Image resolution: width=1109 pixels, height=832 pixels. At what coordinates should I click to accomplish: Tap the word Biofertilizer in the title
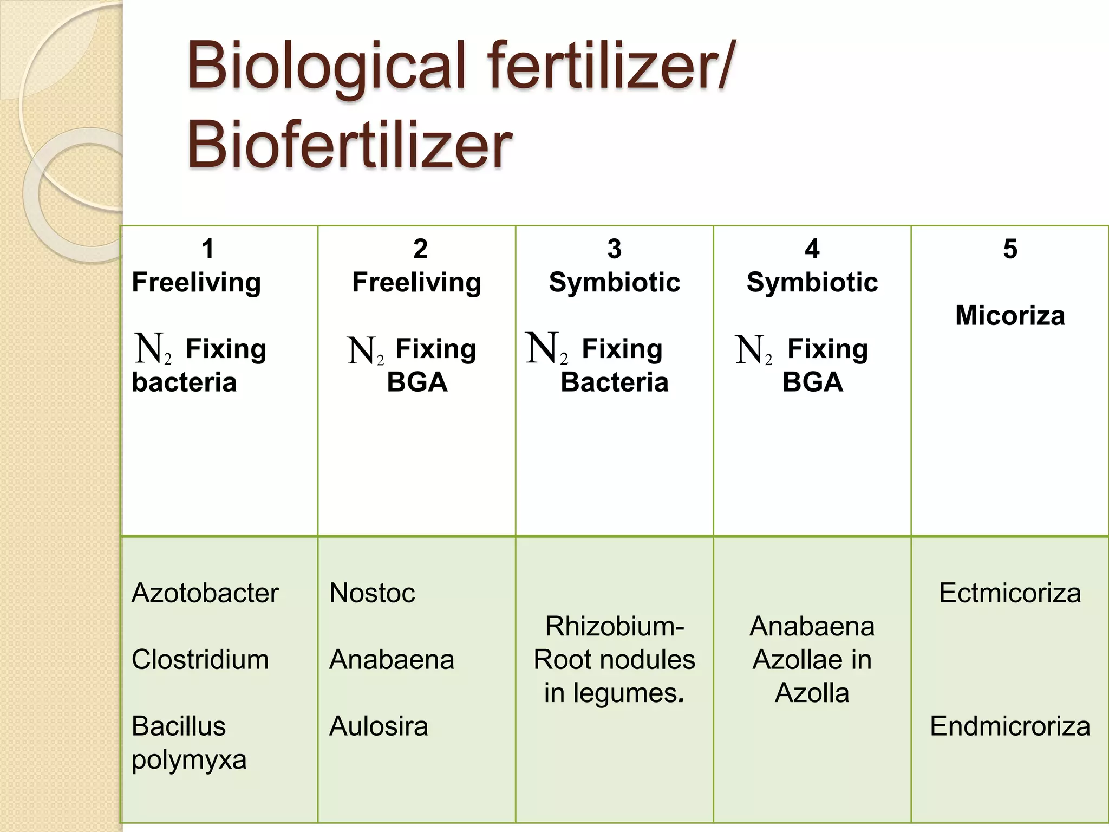pos(349,145)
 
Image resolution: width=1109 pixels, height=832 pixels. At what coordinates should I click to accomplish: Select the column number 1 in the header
pos(208,249)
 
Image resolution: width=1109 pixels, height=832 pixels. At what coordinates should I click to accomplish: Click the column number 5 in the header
pos(1010,249)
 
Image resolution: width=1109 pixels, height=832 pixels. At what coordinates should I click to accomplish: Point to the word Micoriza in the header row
pos(1010,316)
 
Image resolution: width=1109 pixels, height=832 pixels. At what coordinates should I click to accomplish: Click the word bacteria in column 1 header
pos(184,382)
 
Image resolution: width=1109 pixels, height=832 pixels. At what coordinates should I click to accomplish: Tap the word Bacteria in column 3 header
pos(614,382)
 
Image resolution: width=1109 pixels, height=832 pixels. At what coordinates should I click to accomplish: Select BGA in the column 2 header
pos(417,382)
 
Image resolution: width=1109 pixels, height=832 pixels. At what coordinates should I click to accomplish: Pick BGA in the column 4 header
pos(812,382)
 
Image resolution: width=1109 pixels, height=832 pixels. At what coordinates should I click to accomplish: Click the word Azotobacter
pos(205,593)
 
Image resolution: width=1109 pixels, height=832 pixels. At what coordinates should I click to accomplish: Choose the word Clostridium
pos(200,660)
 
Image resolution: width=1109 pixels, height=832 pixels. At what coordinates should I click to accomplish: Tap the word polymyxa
pos(189,760)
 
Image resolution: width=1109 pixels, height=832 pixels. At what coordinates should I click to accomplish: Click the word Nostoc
pos(372,593)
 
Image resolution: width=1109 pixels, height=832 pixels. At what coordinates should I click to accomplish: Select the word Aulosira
pos(379,726)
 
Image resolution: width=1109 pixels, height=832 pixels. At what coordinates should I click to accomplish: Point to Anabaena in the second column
pos(392,660)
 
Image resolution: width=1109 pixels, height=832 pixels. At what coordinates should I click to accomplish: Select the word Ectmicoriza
pos(1010,593)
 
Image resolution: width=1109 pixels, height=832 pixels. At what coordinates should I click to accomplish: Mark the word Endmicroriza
pos(1010,726)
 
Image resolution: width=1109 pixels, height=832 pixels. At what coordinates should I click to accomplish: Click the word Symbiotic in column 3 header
pos(614,283)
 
